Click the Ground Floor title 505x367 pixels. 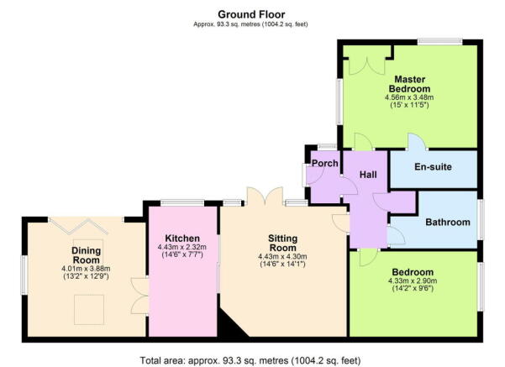(x=251, y=14)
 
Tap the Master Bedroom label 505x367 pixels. (x=409, y=84)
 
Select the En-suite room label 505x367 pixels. (x=433, y=167)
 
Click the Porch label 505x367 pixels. (x=324, y=164)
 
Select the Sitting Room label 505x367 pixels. (x=276, y=243)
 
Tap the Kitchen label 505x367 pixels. (x=181, y=238)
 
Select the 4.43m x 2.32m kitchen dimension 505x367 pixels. (x=181, y=248)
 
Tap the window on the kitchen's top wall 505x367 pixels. (x=181, y=202)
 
